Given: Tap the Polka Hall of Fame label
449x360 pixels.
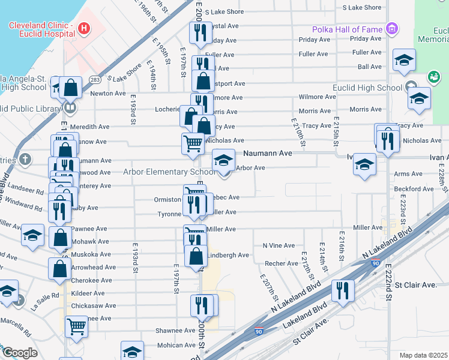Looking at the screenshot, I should pyautogui.click(x=348, y=29).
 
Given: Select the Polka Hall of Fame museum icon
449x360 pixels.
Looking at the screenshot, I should pyautogui.click(x=393, y=28).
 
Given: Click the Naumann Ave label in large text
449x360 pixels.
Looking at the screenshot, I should pyautogui.click(x=267, y=154).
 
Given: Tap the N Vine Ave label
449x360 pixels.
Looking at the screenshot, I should pyautogui.click(x=279, y=245).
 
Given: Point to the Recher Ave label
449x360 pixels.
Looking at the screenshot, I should pyautogui.click(x=282, y=263).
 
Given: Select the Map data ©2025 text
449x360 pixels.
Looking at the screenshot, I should pyautogui.click(x=423, y=355).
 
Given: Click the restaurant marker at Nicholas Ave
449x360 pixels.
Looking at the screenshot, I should pyautogui.click(x=387, y=140).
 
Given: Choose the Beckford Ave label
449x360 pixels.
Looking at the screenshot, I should pyautogui.click(x=414, y=189).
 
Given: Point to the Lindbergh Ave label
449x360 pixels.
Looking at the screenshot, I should pyautogui.click(x=228, y=255).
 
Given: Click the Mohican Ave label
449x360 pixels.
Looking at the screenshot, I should pyautogui.click(x=176, y=345).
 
